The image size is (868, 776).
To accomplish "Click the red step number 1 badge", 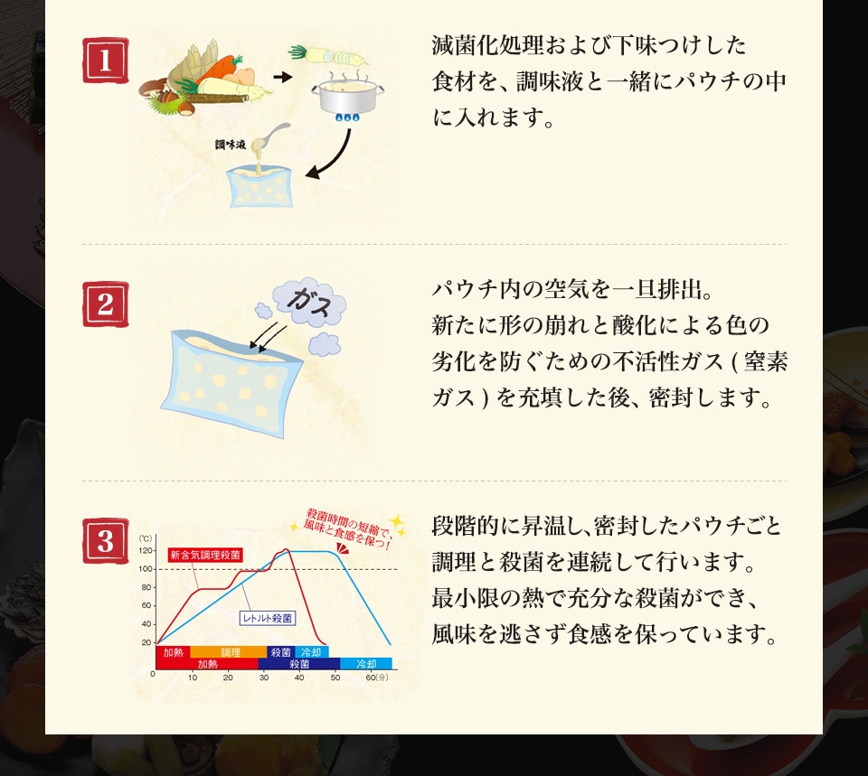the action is point(105,61).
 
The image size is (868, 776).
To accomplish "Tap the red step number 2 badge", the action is point(105,304).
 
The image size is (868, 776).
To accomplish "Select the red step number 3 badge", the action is point(105,541).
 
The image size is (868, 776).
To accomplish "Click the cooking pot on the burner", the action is point(347,95).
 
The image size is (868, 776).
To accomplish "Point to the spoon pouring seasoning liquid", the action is point(270,138).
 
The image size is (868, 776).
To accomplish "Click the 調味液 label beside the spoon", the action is point(231,145).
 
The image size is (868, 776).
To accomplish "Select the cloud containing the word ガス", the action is point(309,302).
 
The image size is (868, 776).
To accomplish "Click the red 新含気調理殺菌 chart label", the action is point(205,555).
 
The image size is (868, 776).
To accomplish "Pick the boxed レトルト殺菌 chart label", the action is point(268,618).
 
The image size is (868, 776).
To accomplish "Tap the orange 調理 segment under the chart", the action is point(229,652).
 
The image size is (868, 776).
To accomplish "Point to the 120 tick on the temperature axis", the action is point(146,551).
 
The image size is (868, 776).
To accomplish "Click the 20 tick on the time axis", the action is point(228,678).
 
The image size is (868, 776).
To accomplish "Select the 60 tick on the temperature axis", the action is point(146,605).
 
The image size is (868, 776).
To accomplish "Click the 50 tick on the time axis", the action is point(335,678).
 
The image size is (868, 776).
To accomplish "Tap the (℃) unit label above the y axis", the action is point(145,538).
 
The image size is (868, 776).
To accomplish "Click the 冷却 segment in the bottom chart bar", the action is point(366,664).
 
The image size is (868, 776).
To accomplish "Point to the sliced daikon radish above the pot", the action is point(327,55).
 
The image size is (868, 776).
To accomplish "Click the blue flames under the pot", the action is point(347,117).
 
